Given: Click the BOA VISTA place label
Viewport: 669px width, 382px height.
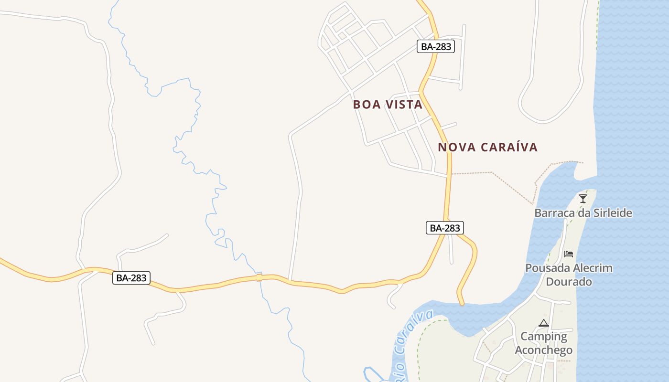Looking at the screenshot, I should tap(388, 105).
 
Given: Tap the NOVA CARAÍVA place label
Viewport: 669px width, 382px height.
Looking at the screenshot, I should tap(487, 147).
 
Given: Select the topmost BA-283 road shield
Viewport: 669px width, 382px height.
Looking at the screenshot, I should tap(435, 46).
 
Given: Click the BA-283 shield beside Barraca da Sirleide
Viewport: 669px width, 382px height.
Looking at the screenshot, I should tap(445, 228).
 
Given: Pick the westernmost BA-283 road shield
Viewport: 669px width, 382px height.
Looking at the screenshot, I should tap(131, 278).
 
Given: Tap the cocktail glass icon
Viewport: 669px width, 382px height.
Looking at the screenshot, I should tap(583, 199).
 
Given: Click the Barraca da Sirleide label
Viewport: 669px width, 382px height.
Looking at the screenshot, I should tap(583, 213).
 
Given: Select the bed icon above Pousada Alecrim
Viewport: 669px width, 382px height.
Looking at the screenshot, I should tap(569, 254).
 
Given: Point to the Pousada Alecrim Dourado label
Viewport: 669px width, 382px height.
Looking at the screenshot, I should tap(569, 275).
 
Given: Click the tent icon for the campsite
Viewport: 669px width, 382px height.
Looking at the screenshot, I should tap(543, 323).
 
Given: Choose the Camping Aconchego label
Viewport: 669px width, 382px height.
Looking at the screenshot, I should tap(544, 343).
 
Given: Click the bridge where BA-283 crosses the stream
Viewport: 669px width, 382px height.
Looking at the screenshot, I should tap(259, 277).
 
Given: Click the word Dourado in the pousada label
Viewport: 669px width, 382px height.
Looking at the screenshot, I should tap(569, 282).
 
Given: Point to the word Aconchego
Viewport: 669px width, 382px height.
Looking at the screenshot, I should tap(544, 350).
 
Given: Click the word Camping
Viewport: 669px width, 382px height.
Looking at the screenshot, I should tap(544, 337).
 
